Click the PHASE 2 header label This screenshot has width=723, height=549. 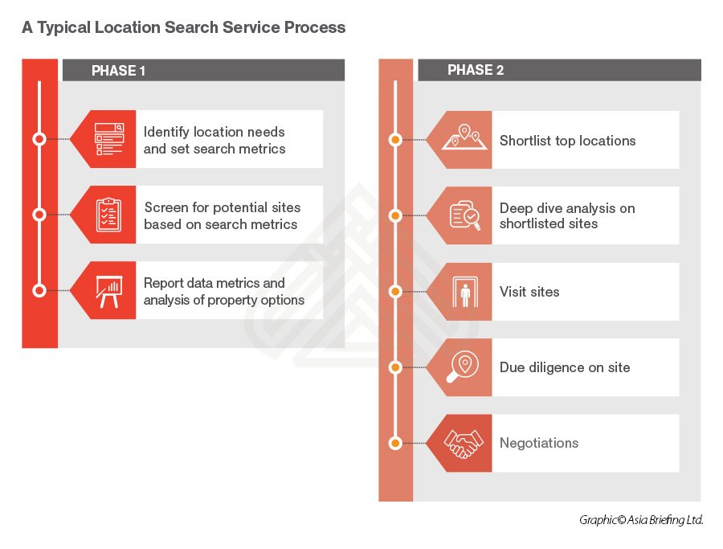[x=476, y=71]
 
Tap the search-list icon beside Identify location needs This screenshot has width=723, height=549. [x=109, y=139]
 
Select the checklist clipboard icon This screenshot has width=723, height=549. [x=109, y=215]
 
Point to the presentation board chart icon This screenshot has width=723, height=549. [x=109, y=291]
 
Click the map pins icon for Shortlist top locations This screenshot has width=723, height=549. [x=465, y=139]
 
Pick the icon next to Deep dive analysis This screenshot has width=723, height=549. [x=465, y=215]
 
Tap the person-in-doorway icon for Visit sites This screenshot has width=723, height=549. [x=465, y=292]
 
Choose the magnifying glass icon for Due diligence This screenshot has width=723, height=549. [x=465, y=367]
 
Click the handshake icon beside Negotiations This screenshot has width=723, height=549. [x=465, y=443]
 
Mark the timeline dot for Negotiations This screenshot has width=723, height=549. [x=394, y=443]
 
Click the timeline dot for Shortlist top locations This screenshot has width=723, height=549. [x=394, y=140]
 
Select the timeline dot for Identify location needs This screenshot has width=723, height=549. [x=39, y=139]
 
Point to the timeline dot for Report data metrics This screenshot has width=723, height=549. [x=39, y=291]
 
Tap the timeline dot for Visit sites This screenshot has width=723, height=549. [x=394, y=292]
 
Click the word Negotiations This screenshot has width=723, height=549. [x=538, y=443]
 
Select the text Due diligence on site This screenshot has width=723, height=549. [x=564, y=367]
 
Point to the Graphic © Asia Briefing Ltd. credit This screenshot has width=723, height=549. [x=641, y=520]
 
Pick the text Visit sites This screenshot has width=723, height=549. [x=529, y=292]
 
